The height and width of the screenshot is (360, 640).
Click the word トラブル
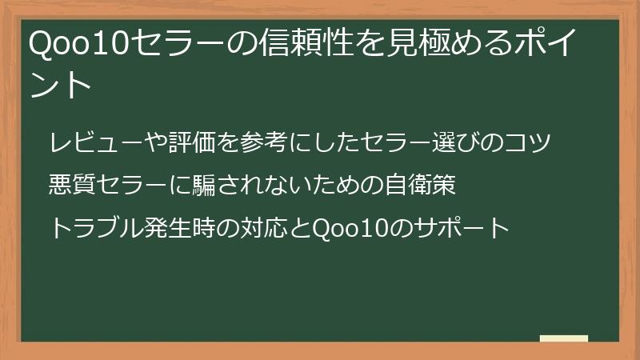tap(96, 228)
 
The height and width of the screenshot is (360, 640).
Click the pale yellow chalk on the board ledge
tap(563, 338)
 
